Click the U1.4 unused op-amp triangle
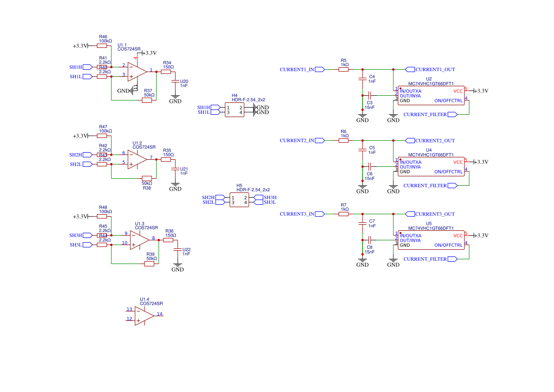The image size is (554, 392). tap(144, 316)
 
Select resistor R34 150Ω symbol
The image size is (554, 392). tap(165, 72)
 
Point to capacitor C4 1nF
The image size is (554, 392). tap(363, 77)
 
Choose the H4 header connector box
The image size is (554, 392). tap(235, 110)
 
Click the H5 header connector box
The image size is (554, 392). tap(239, 200)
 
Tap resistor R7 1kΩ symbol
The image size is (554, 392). tap(344, 214)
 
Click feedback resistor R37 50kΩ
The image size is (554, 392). tap(147, 100)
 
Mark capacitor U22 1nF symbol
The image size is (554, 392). tap(178, 250)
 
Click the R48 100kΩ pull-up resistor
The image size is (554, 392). tap(102, 217)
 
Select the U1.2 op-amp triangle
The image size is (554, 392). tap(137, 159)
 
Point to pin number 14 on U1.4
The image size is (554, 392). tap(160, 314)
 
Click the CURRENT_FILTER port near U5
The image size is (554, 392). tap(430, 259)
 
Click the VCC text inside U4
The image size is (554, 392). tap(458, 162)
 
